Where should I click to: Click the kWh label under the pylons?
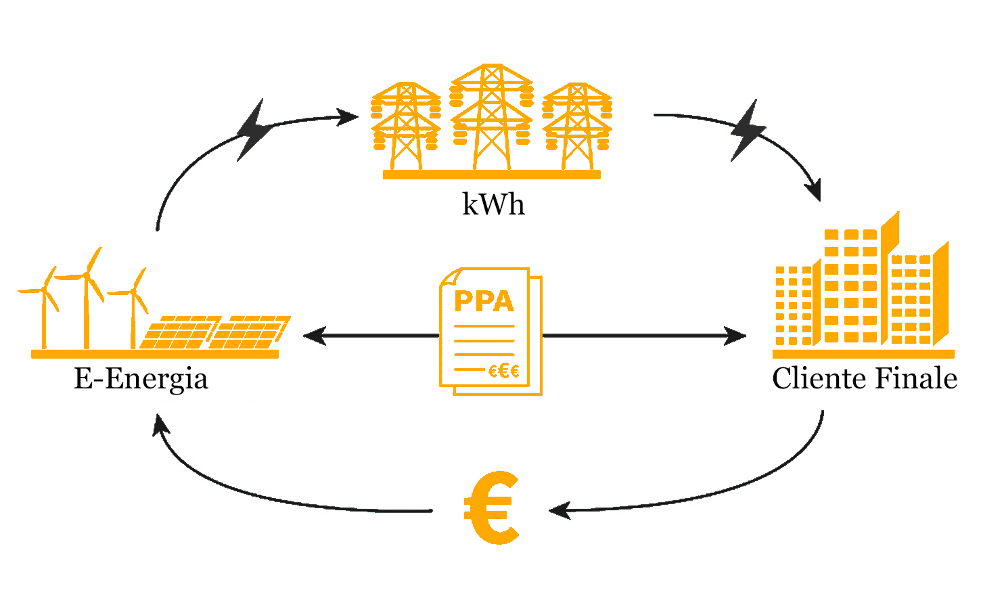493,204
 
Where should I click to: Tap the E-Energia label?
141,378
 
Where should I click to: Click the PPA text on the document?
484,301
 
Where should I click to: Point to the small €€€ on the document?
504,371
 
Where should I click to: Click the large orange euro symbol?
493,508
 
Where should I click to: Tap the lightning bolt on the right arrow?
748,131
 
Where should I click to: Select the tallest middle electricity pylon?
492,118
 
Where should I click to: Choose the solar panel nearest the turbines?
177,332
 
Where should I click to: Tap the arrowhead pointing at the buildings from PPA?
737,335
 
